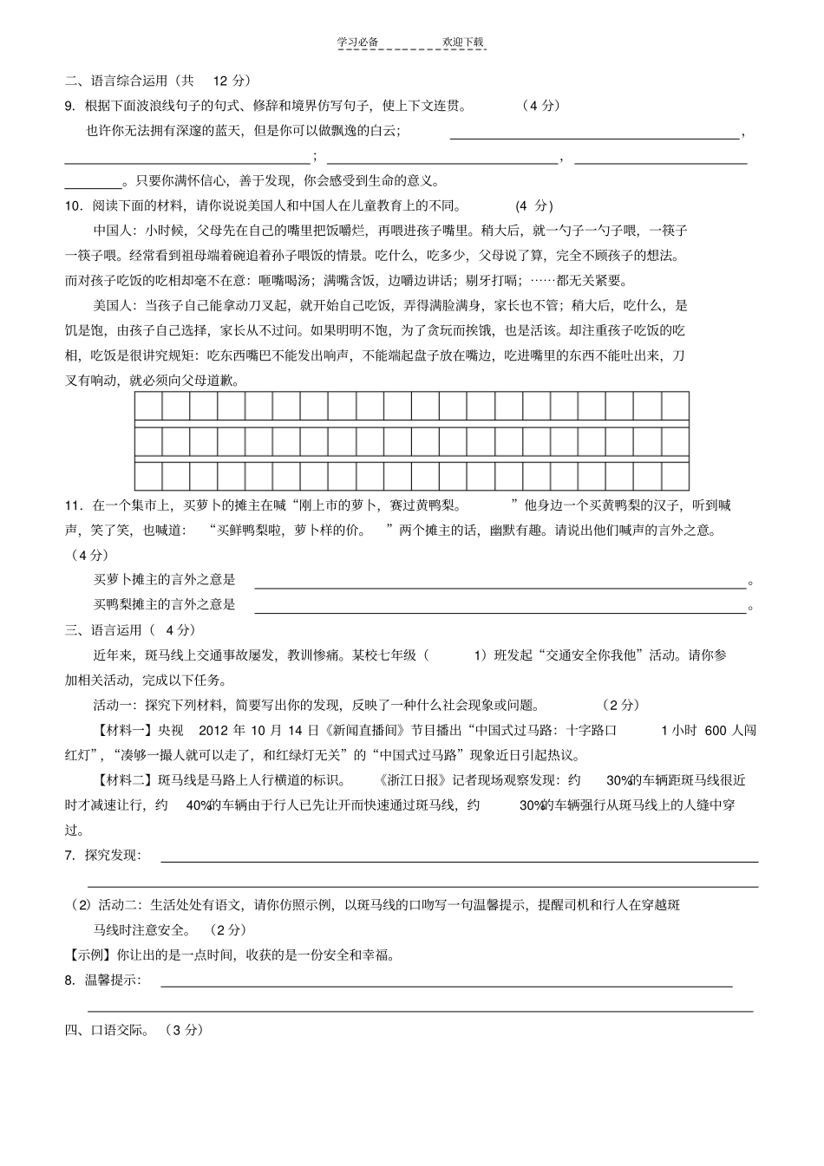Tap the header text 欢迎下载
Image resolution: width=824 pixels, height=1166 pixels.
click(462, 42)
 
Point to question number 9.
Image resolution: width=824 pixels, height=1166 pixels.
click(70, 106)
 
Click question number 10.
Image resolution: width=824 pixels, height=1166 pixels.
click(74, 206)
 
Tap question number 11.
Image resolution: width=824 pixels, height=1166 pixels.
click(74, 505)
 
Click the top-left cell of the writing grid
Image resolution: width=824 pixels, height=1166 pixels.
click(149, 406)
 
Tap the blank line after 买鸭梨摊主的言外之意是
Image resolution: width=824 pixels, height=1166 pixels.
click(499, 605)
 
